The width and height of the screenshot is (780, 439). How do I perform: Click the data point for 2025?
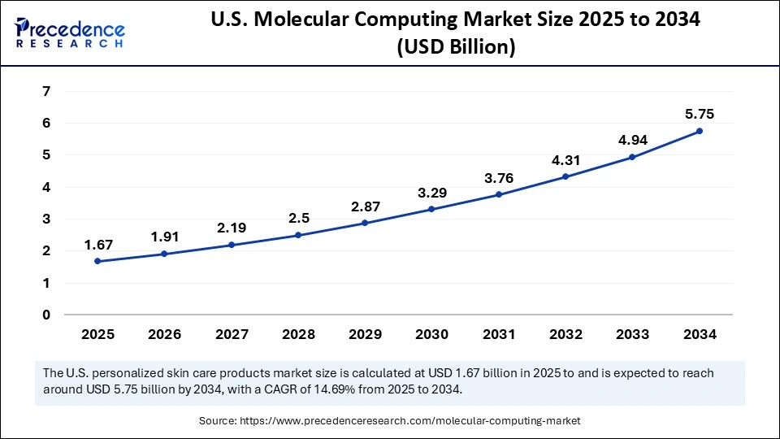pyautogui.click(x=97, y=261)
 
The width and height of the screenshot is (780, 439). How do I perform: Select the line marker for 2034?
pyautogui.click(x=700, y=131)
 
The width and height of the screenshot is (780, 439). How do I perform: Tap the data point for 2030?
pyautogui.click(x=431, y=209)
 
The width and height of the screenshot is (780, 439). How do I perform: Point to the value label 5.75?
pyautogui.click(x=700, y=114)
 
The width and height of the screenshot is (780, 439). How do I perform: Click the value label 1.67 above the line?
pyautogui.click(x=97, y=244)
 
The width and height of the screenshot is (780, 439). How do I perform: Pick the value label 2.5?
pyautogui.click(x=297, y=218)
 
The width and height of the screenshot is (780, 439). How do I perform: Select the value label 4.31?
pyautogui.click(x=565, y=159)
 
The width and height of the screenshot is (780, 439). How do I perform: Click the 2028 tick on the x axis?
pyautogui.click(x=297, y=334)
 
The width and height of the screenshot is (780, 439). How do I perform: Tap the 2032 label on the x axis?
pyautogui.click(x=565, y=334)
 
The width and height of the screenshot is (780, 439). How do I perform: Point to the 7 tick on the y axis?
pyautogui.click(x=45, y=91)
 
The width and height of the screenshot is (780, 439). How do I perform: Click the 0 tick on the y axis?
pyautogui.click(x=45, y=315)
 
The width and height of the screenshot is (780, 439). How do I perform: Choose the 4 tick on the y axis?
pyautogui.click(x=45, y=187)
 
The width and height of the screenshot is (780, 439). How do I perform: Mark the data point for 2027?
pyautogui.click(x=231, y=245)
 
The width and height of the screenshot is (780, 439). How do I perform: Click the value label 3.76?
pyautogui.click(x=499, y=177)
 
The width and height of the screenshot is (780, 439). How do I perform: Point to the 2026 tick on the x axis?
pyautogui.click(x=164, y=334)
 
